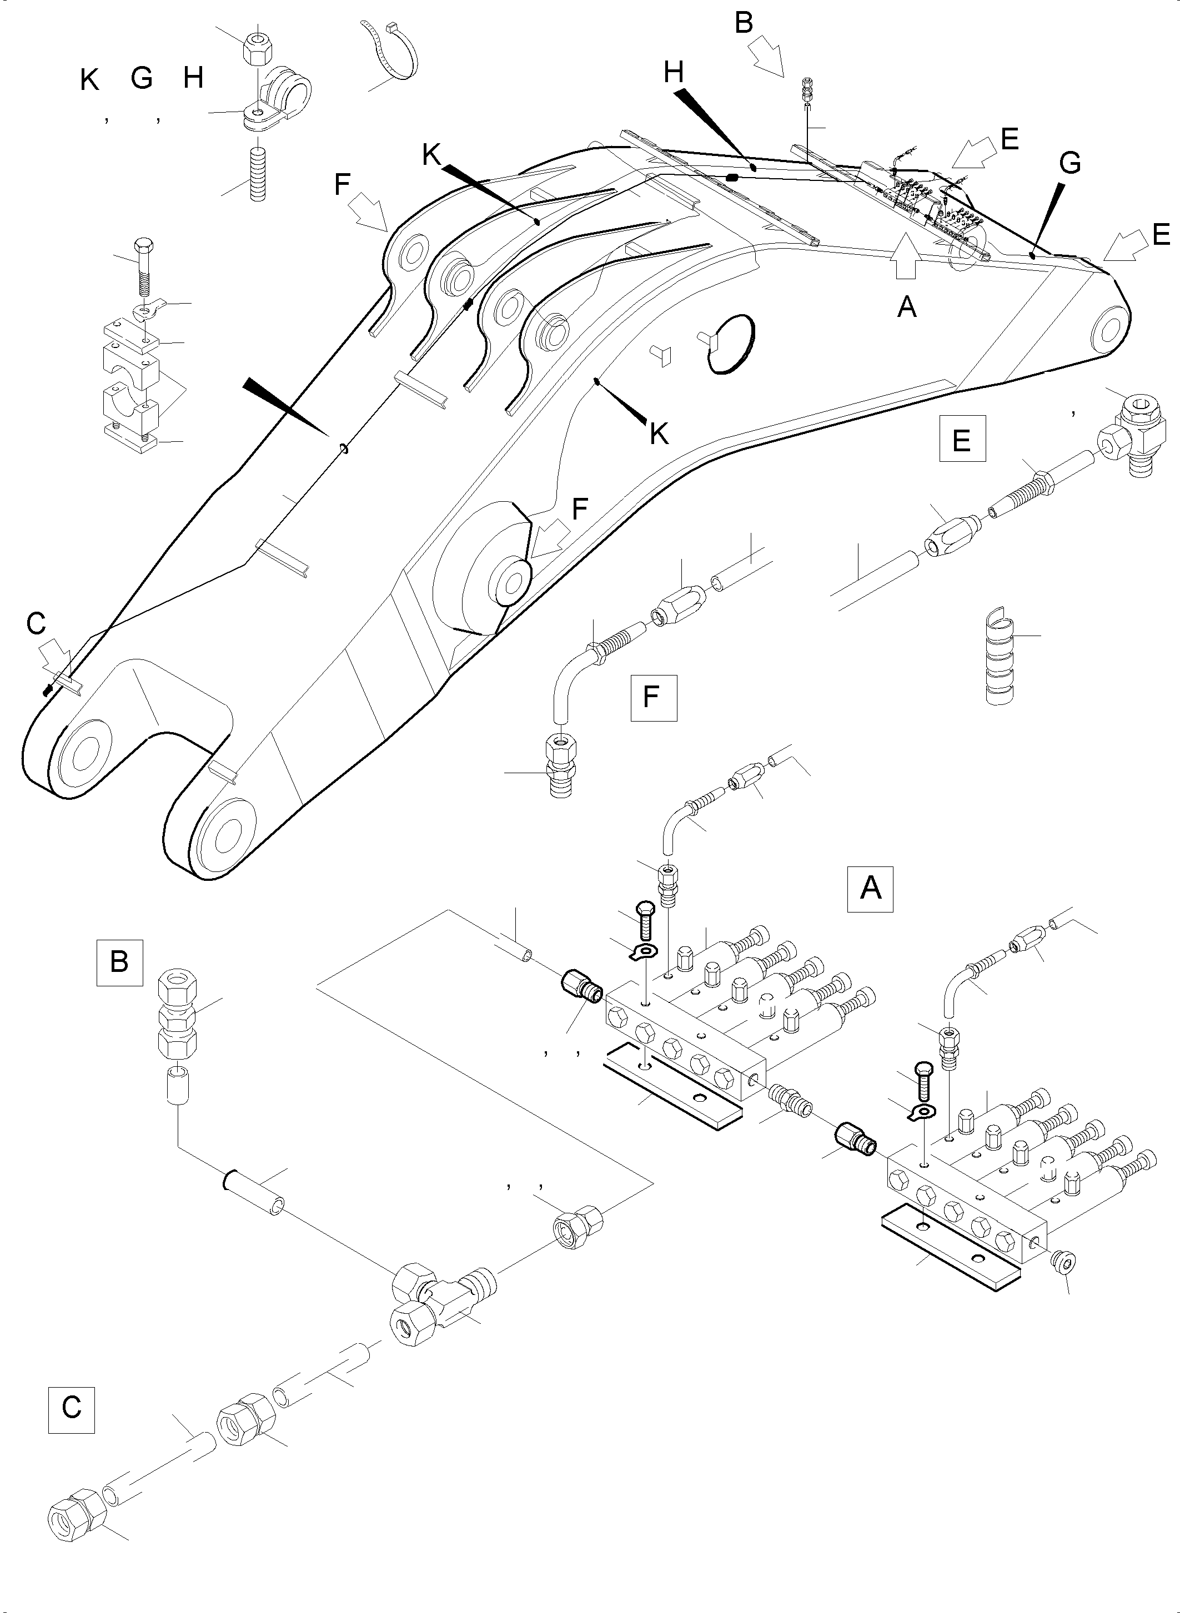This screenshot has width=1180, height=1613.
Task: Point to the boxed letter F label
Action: [x=653, y=697]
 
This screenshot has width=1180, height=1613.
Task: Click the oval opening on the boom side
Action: [x=731, y=344]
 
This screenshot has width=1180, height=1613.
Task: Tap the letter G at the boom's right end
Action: [x=1069, y=163]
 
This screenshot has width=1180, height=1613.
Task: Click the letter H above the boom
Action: [x=673, y=72]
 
